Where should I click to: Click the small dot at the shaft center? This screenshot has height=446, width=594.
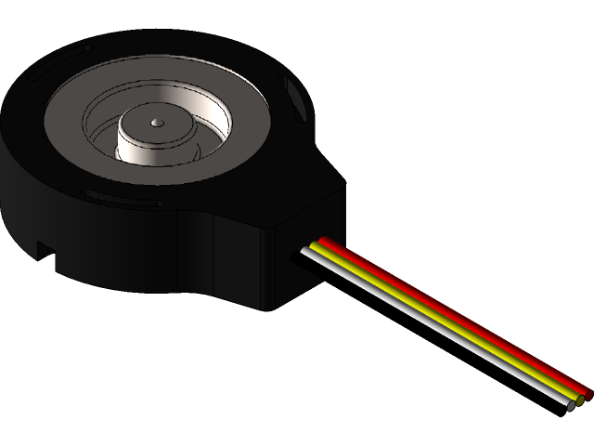point(156,121)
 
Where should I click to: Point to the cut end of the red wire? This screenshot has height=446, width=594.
point(588,394)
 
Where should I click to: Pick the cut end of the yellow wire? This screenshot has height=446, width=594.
point(580,400)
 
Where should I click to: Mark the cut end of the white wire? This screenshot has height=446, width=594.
point(571,406)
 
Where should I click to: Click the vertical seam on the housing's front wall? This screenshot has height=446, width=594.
point(216,256)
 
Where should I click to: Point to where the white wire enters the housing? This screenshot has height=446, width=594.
point(305,251)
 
